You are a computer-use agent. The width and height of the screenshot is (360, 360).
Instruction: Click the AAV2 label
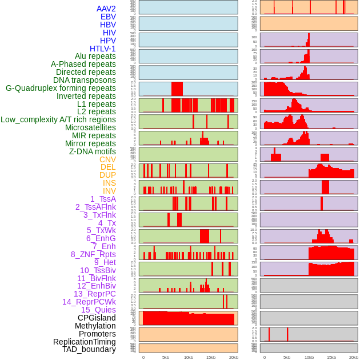tap(106, 9)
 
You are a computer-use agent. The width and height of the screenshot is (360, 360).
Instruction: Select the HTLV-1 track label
tap(102, 49)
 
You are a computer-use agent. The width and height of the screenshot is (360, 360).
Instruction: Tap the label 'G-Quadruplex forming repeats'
tap(61, 88)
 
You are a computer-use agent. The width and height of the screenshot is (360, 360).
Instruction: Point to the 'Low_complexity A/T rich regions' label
tap(58, 119)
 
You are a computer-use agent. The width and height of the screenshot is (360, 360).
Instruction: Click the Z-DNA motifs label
tap(92, 151)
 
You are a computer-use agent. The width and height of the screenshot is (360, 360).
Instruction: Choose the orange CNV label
tap(107, 159)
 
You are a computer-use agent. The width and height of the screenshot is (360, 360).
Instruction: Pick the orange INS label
tap(109, 183)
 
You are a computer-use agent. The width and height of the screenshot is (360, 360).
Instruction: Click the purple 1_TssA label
tap(103, 199)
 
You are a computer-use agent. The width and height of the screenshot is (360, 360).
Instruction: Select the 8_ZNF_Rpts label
tap(93, 254)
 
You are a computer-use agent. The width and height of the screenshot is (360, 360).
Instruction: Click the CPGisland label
tap(97, 318)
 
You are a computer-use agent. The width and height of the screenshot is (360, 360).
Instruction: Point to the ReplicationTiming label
tap(84, 342)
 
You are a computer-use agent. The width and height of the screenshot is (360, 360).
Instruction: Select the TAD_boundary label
tap(89, 349)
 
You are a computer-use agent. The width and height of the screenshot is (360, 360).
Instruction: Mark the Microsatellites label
tap(90, 127)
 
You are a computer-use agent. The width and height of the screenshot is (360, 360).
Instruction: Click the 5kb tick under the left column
tap(166, 357)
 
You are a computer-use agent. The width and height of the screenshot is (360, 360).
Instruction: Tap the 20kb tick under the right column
tap(354, 357)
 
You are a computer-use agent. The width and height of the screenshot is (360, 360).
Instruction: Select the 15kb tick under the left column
tap(211, 357)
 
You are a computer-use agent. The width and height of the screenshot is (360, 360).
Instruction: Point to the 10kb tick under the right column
tap(309, 357)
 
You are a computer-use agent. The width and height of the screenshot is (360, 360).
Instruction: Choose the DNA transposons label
tap(85, 80)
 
